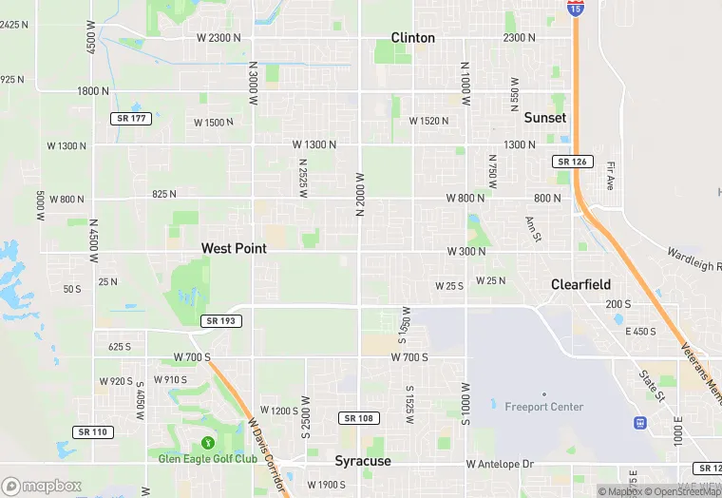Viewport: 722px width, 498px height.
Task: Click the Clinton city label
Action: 413,38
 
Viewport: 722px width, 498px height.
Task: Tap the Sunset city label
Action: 545,118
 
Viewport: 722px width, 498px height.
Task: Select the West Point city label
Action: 234,248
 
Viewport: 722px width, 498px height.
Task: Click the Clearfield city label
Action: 581,284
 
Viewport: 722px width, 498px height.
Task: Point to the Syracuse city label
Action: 363,461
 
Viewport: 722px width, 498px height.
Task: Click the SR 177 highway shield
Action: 130,118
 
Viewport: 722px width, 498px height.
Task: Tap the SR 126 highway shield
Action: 574,162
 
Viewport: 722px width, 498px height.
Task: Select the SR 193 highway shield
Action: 220,321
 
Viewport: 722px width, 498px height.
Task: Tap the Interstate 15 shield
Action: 577,9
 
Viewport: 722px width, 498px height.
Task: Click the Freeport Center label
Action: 544,407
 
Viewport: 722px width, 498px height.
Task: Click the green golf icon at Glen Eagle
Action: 208,442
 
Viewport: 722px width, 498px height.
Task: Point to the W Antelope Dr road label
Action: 501,464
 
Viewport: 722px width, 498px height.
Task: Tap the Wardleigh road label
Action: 694,258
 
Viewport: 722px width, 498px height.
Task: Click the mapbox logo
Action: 42,486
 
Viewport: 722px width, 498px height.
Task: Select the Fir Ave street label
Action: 611,173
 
